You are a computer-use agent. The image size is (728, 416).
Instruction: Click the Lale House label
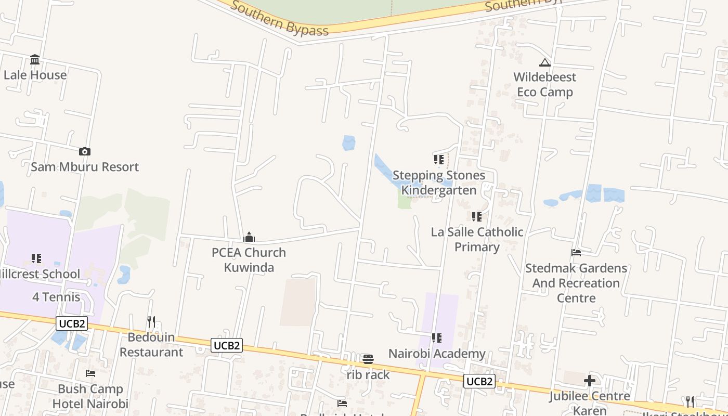tap(35, 75)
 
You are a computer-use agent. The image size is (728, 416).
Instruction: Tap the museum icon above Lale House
tap(35, 59)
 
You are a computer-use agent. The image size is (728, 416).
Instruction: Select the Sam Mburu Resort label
tap(85, 167)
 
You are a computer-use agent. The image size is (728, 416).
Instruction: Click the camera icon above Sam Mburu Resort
tap(85, 152)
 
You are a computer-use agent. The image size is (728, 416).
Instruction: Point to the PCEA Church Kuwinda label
tap(249, 259)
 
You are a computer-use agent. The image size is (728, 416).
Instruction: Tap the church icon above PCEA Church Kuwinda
tap(249, 238)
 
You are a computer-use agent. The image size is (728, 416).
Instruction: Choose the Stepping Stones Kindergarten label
tap(439, 183)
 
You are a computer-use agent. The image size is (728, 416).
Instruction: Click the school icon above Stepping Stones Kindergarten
tap(438, 160)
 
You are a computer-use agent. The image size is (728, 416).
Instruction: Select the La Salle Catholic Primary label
tap(477, 239)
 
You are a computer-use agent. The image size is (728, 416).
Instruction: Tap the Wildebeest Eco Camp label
tap(544, 84)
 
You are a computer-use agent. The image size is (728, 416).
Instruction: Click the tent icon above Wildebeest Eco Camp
tap(544, 63)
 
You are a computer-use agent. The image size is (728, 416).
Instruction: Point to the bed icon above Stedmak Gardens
tap(576, 253)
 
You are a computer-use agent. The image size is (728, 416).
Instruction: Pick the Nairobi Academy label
tap(437, 354)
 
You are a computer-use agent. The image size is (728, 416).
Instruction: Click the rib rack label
tap(368, 374)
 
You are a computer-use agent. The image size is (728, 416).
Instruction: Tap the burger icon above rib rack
tap(368, 359)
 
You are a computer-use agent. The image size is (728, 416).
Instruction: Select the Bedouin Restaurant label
tap(151, 344)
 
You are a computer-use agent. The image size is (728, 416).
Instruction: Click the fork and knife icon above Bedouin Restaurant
tap(151, 322)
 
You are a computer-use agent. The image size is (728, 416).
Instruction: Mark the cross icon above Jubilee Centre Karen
tap(589, 381)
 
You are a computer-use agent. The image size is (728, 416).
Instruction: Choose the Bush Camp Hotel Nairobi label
tap(90, 396)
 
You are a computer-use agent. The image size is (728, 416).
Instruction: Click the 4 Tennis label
tap(56, 297)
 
